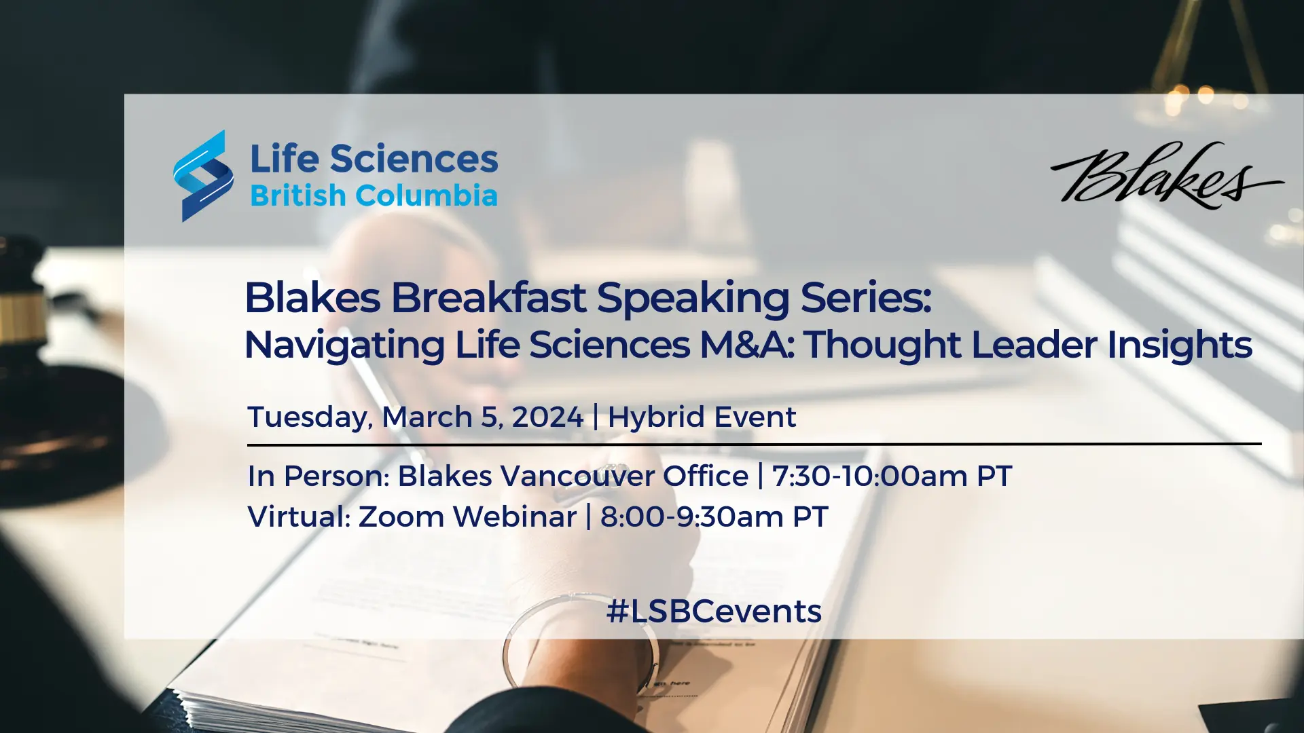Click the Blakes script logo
1167,175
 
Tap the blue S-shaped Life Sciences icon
203,176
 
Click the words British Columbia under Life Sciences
374,195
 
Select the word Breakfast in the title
488,297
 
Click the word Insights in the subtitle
1180,345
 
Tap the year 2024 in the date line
547,417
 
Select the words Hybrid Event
702,417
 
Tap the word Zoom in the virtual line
401,517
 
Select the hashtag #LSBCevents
714,612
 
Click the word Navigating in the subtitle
344,345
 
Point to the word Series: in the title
866,297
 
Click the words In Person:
319,476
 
